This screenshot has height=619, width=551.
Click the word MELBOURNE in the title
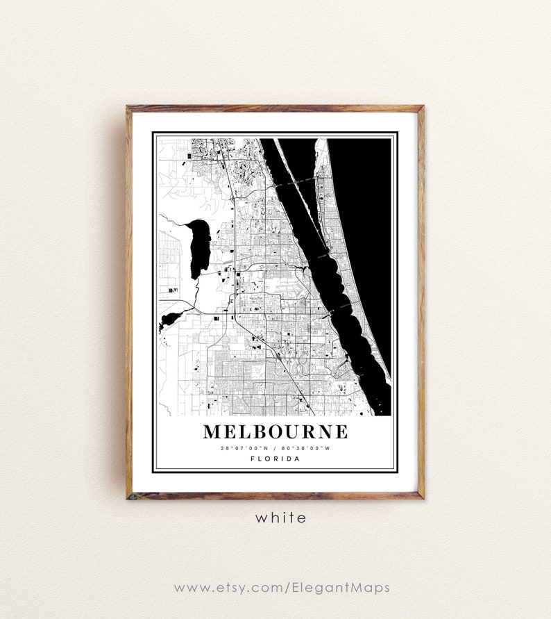point(275,431)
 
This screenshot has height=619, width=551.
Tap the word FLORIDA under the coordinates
point(275,459)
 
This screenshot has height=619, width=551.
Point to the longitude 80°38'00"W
point(307,448)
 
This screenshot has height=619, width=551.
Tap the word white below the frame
point(280,518)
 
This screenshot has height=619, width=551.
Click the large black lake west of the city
point(200,247)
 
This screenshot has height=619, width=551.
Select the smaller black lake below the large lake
point(170,320)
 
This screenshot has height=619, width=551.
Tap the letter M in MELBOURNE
point(212,431)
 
